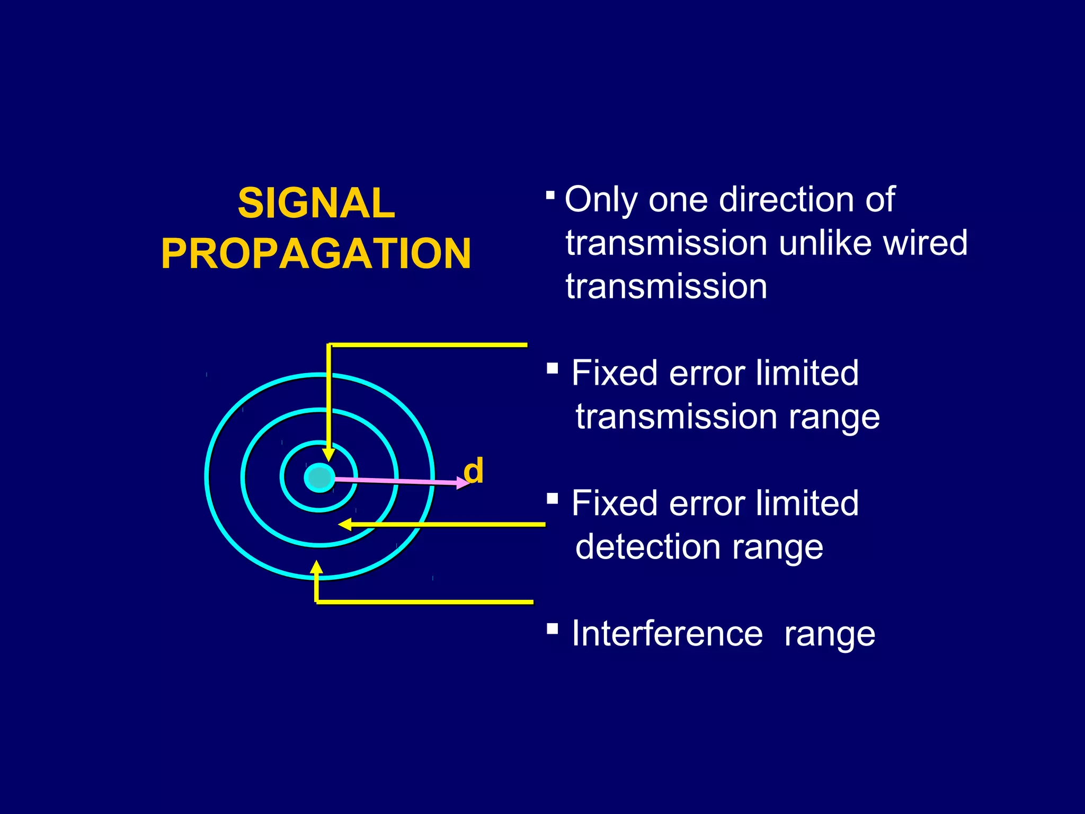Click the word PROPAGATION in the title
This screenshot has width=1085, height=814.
(x=316, y=253)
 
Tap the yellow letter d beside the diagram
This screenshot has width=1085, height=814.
(x=473, y=471)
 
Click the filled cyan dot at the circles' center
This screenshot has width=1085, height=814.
(x=319, y=477)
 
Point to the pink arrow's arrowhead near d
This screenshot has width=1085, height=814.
(x=463, y=482)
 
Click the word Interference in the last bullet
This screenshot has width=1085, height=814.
(x=667, y=634)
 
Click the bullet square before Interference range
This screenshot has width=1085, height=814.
(x=552, y=629)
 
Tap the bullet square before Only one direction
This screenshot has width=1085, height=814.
(x=550, y=196)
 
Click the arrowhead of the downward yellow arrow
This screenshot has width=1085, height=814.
(x=329, y=455)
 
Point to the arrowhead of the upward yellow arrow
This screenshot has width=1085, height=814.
(x=316, y=568)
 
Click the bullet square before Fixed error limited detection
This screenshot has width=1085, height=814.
(x=552, y=498)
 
